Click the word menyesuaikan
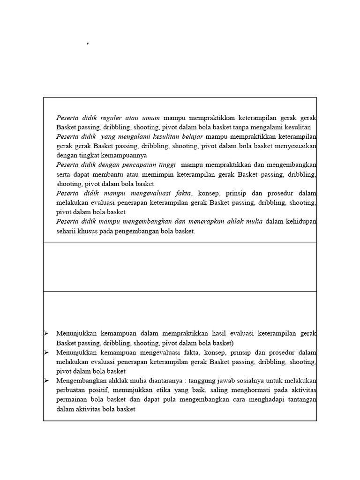tap(295, 146)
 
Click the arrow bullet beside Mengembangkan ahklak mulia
tap(46, 380)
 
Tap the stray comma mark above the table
tap(88, 44)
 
